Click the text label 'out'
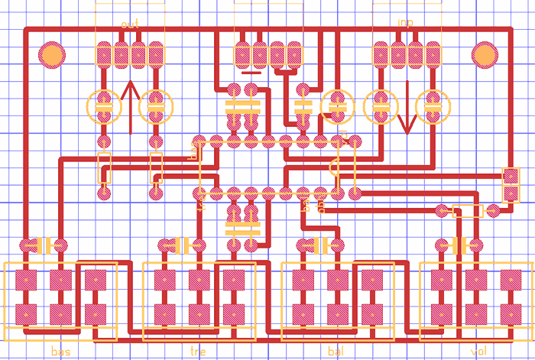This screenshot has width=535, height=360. click(130, 24)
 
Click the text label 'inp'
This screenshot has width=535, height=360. click(405, 23)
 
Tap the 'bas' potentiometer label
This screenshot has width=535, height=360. click(60, 352)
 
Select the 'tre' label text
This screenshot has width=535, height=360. click(197, 352)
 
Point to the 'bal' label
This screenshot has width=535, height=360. click(336, 352)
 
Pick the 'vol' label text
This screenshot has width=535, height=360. click(478, 352)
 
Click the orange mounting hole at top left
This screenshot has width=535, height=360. click(52, 54)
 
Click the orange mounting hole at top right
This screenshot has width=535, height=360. click(484, 54)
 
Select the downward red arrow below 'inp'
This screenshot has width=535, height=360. click(406, 107)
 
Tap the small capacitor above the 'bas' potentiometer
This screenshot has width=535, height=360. click(44, 245)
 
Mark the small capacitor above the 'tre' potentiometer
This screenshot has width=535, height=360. click(182, 245)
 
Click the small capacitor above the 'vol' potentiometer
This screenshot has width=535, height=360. click(459, 245)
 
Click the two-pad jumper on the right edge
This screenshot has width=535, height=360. click(510, 183)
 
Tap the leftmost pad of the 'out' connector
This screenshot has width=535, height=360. click(105, 54)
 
